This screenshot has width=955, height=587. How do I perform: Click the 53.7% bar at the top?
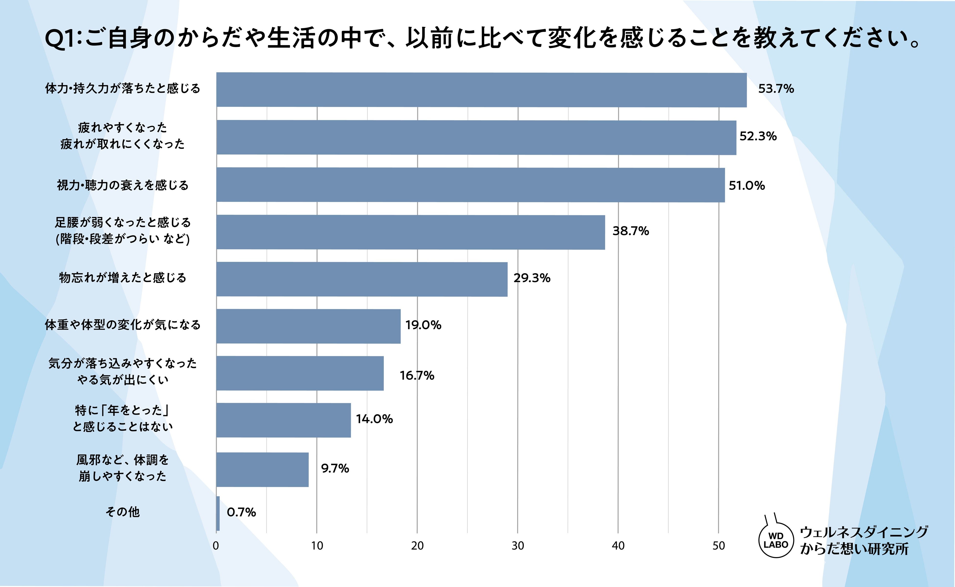(x=481, y=90)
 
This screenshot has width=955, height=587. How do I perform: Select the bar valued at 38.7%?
(x=411, y=232)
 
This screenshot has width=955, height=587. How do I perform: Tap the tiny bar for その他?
(x=218, y=513)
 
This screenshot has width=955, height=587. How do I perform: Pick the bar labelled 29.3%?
(x=362, y=279)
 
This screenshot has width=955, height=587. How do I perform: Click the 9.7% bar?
(x=263, y=469)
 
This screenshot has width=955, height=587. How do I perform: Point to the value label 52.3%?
(x=758, y=136)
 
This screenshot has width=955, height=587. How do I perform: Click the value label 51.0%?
(x=747, y=186)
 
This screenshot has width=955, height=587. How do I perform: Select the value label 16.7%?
(x=417, y=375)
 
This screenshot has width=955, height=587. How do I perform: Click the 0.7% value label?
(x=241, y=513)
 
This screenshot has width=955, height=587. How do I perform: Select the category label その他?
(x=123, y=512)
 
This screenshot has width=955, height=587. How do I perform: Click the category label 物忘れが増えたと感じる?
(x=123, y=278)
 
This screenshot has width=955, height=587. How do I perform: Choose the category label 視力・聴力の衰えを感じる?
(x=123, y=185)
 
